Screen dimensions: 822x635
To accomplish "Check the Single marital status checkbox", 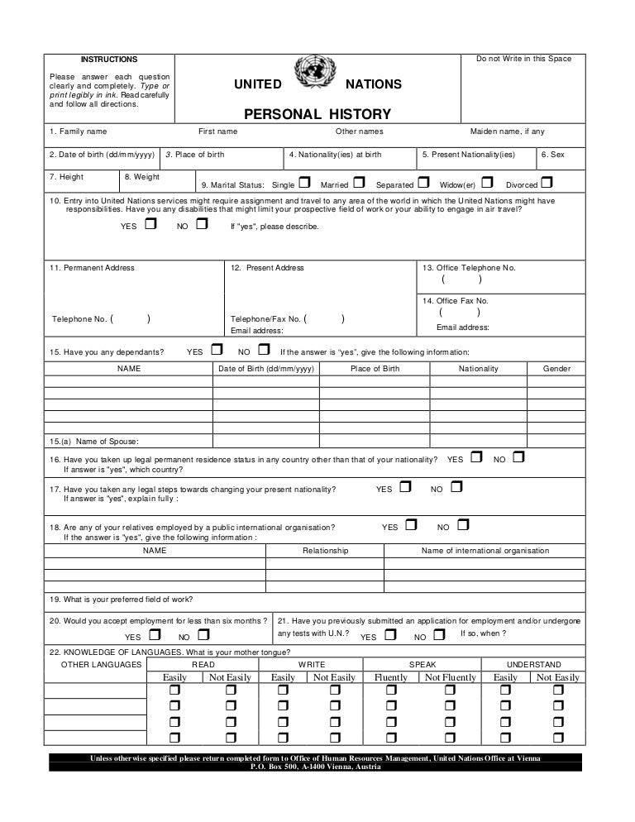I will (x=304, y=183).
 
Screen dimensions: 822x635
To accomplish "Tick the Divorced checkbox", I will (x=547, y=183).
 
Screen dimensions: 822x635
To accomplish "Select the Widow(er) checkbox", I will (x=488, y=183).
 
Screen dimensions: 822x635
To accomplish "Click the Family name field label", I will (x=78, y=131).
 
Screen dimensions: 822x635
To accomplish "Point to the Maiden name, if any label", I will (x=508, y=131).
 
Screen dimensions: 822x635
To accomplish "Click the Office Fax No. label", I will (x=456, y=301).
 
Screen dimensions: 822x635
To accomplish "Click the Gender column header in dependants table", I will (x=556, y=369).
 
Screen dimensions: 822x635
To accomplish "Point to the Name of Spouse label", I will (x=94, y=441).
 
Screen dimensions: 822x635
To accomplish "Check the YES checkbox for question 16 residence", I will (x=477, y=456).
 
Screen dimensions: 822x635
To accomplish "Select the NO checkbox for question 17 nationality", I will (x=456, y=488).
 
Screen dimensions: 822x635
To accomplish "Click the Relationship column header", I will (x=325, y=551).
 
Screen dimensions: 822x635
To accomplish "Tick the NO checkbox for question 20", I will (x=203, y=635).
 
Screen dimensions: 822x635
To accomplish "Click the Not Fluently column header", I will (x=451, y=677).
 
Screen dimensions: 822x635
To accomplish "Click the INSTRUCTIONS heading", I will (x=108, y=60).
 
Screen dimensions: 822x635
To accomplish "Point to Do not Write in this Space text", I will (x=523, y=60).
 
